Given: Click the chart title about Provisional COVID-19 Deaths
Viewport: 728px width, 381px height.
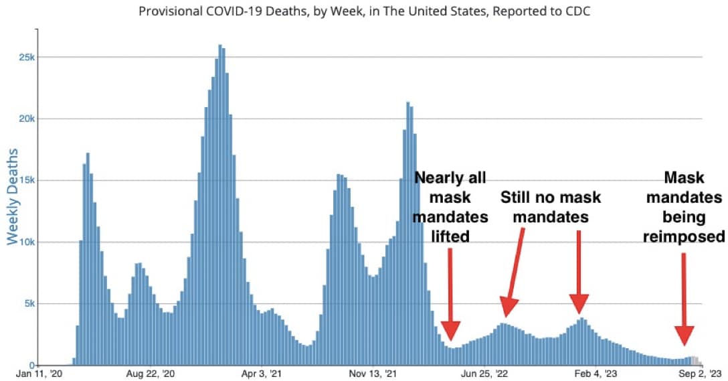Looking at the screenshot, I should (363, 12).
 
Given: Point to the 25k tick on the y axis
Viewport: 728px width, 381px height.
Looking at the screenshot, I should (26, 57).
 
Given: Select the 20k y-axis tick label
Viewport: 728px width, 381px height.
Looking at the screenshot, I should (26, 119).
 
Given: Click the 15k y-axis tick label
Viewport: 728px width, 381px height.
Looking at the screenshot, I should (26, 180).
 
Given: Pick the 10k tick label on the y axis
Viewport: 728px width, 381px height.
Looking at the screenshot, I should (26, 242).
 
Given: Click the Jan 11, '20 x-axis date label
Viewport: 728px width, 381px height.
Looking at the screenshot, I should (39, 374).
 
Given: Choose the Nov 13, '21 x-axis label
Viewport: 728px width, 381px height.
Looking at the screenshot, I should (375, 374).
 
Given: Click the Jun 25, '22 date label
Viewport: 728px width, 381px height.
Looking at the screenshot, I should (486, 374).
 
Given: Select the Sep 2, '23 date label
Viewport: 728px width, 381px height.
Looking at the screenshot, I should (702, 374).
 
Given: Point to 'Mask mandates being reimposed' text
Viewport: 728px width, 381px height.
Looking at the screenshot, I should (683, 207).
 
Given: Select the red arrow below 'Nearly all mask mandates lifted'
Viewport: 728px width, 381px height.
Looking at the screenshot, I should (450, 295).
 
